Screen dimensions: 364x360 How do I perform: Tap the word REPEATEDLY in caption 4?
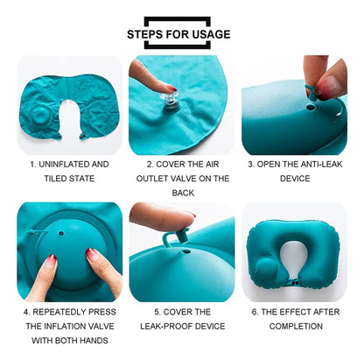[59, 312]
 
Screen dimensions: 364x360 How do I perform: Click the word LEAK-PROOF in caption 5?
[166, 326]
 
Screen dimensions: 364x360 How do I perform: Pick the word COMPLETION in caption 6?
[296, 326]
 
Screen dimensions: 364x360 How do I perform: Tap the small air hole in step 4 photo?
[61, 234]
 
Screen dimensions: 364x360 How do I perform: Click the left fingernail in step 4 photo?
[52, 258]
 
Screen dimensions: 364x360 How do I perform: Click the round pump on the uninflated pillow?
[41, 116]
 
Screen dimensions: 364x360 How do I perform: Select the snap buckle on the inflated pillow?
[294, 283]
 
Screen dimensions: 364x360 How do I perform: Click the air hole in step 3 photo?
[310, 108]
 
